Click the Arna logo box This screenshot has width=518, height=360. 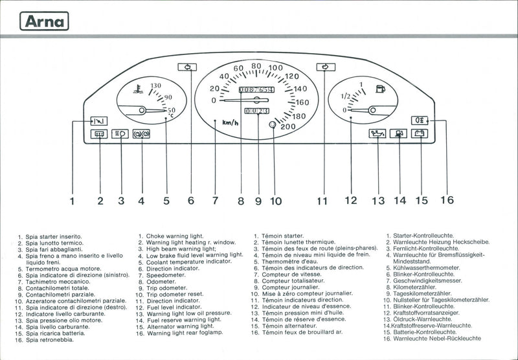(x=45, y=21)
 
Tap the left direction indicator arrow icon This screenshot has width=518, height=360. (x=188, y=66)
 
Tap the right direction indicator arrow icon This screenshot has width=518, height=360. (x=326, y=66)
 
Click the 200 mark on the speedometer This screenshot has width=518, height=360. (x=288, y=126)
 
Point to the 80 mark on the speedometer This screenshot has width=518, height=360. (x=256, y=65)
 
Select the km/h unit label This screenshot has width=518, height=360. (x=230, y=122)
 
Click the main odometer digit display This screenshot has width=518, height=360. (x=256, y=89)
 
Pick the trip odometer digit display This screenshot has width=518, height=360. (x=256, y=111)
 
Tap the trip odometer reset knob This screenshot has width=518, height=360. (x=273, y=124)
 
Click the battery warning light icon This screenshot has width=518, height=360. (x=420, y=134)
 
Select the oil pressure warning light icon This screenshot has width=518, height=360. (x=377, y=134)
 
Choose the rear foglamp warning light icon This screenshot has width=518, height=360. (x=420, y=120)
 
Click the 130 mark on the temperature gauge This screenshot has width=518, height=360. (x=155, y=85)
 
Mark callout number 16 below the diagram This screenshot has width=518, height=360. (x=447, y=199)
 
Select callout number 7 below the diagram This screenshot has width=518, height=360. (x=215, y=201)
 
